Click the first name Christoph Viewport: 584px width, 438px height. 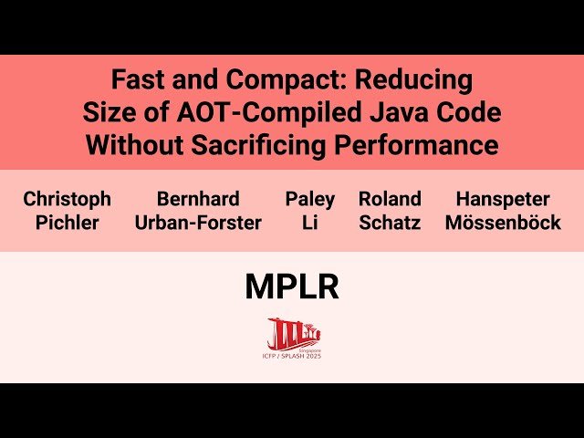coord(67,199)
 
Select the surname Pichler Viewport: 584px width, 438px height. coord(67,223)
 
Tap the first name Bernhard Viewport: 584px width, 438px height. coord(198,199)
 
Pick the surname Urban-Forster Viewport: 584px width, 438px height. coord(198,223)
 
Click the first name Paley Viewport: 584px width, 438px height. coord(310,199)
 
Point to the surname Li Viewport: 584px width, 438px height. coord(310,223)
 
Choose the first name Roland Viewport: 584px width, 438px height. coord(390,199)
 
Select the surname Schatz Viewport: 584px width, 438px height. coord(390,223)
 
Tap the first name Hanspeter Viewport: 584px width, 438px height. coord(503,199)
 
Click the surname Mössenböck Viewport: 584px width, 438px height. coord(503,223)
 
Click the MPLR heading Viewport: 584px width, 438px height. coord(292,287)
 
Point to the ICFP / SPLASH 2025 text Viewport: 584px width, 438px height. coord(292,355)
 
